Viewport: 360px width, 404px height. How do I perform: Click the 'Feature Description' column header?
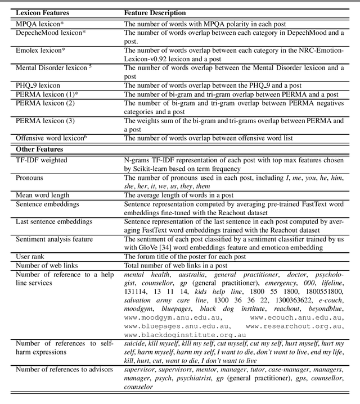[156, 12]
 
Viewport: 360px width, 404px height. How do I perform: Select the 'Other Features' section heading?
[39, 149]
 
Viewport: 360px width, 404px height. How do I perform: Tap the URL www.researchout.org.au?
[293, 325]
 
